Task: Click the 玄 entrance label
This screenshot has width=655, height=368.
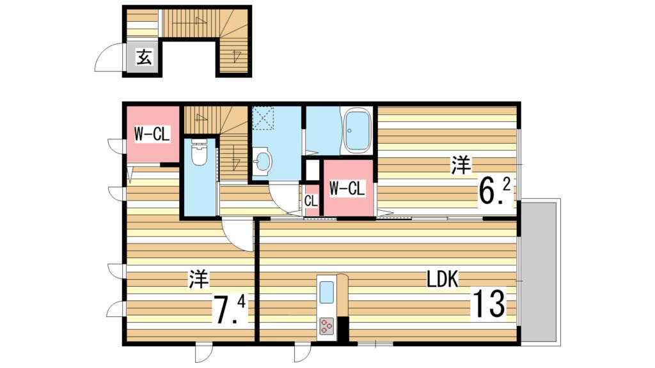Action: pyautogui.click(x=144, y=57)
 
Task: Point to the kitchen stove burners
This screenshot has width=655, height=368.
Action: pyautogui.click(x=327, y=326)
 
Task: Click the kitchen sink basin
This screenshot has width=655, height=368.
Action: pyautogui.click(x=327, y=292)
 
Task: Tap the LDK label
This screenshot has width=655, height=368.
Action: pyautogui.click(x=442, y=279)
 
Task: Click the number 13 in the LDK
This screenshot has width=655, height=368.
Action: pyautogui.click(x=489, y=303)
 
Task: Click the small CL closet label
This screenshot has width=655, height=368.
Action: pyautogui.click(x=311, y=201)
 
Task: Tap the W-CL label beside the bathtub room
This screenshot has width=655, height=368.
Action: pyautogui.click(x=347, y=188)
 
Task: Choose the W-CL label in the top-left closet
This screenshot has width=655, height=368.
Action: pyautogui.click(x=152, y=134)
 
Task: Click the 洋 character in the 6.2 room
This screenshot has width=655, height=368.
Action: pyautogui.click(x=461, y=165)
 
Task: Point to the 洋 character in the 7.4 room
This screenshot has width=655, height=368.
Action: pyautogui.click(x=198, y=279)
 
